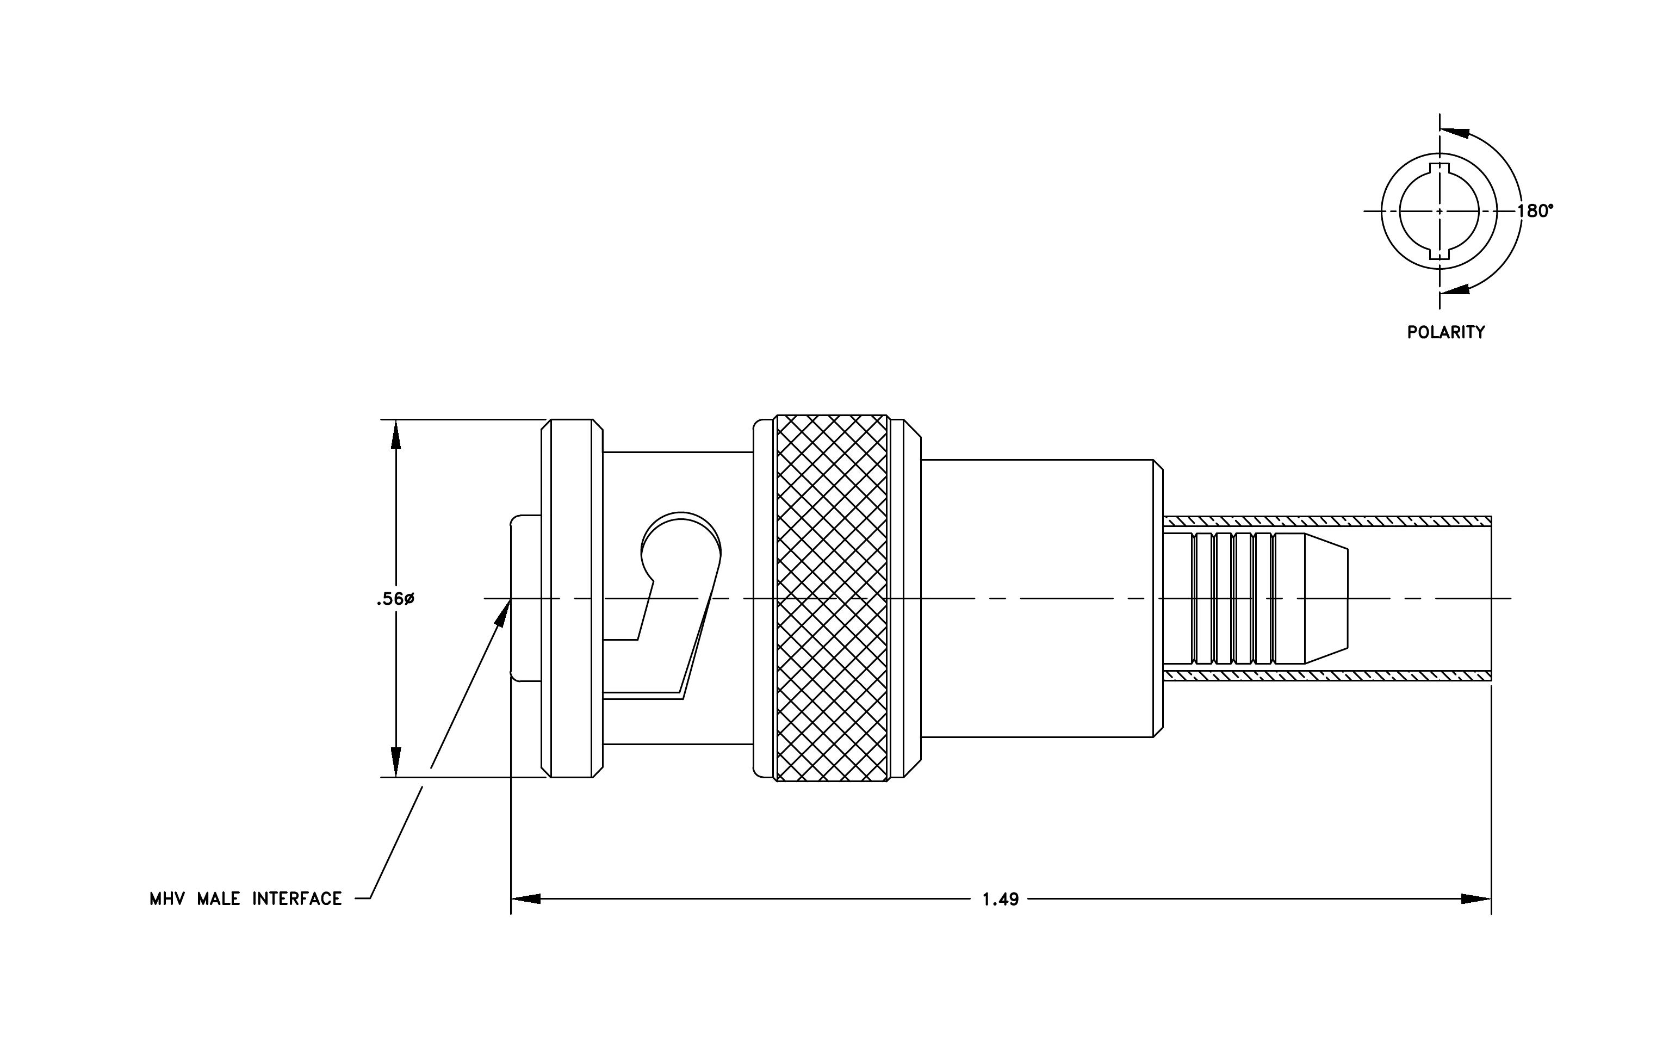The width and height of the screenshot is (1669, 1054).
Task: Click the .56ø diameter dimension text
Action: tap(395, 599)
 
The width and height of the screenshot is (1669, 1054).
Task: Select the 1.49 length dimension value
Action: tap(1001, 900)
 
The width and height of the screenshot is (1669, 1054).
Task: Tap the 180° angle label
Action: tap(1535, 210)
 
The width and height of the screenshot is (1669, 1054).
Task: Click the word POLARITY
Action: tap(1446, 333)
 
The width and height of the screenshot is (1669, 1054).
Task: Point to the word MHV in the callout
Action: tap(167, 899)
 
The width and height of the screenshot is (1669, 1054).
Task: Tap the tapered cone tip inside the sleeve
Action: tap(1326, 598)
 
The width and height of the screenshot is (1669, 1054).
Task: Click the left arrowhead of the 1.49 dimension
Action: tap(525, 899)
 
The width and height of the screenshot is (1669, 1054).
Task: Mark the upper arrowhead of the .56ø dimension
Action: tap(396, 434)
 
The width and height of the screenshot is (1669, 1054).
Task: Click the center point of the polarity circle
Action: tap(1440, 210)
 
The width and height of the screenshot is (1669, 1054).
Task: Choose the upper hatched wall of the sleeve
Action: tap(1326, 520)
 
